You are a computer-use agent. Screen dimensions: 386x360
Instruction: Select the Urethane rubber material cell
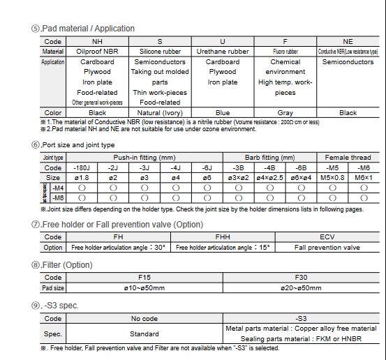(222, 52)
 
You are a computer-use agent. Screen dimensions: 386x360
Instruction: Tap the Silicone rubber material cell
(160, 52)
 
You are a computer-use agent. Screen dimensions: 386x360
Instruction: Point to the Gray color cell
(285, 112)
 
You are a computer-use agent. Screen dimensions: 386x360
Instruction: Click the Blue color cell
(222, 112)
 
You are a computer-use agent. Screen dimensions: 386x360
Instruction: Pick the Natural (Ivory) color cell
(160, 112)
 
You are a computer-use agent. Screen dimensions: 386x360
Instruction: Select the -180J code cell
(82, 168)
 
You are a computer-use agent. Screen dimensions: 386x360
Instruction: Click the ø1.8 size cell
(82, 178)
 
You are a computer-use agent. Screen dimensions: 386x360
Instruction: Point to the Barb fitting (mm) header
(269, 158)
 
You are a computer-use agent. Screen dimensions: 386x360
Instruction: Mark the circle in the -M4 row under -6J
(207, 188)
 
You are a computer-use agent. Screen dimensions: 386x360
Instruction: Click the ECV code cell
(327, 237)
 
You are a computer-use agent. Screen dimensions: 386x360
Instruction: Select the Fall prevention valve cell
(327, 248)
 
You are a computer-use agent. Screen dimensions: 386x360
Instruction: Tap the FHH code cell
(223, 237)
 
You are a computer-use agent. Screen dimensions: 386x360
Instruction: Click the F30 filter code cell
(301, 277)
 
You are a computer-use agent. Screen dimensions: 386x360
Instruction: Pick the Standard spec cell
(144, 333)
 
